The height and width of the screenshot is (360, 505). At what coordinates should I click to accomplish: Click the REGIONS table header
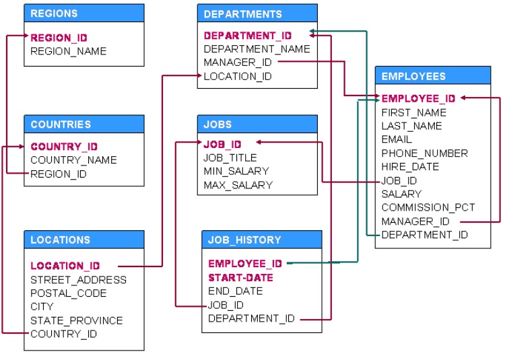coord(54,13)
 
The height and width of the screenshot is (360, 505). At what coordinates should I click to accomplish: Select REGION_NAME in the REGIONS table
coord(68,51)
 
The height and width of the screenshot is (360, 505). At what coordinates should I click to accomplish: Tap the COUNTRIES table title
coord(61,124)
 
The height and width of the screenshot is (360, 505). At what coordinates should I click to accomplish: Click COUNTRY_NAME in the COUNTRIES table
coord(73,160)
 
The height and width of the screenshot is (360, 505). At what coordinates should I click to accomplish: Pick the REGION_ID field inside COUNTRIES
coord(59,174)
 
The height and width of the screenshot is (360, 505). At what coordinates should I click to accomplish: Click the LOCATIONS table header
coord(60,240)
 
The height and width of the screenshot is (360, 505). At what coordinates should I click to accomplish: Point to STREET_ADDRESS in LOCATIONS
coord(78,280)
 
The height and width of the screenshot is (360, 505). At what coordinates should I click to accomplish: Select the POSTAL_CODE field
coord(68,293)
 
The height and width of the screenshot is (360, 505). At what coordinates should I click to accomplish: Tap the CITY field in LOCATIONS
coord(42,307)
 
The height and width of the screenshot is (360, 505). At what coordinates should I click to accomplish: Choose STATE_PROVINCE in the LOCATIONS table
coord(76,321)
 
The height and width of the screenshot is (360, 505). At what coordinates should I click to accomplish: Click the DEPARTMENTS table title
coord(243,14)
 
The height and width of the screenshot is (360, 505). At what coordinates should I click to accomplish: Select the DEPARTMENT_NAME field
coord(257,49)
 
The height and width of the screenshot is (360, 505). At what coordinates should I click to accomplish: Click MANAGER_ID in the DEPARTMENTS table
coord(238,63)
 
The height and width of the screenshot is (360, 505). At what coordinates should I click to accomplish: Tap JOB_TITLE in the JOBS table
coord(230,158)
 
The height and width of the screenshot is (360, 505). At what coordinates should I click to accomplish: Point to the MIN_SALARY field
coord(236,171)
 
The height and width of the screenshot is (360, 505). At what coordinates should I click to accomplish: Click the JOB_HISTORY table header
coord(244,240)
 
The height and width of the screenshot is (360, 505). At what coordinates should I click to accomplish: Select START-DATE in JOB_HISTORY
coord(240,278)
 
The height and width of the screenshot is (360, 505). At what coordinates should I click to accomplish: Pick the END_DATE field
coord(236,291)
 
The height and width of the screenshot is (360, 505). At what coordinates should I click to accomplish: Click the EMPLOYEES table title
coord(413,77)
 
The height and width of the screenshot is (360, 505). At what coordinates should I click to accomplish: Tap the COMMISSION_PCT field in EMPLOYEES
coord(428,207)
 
